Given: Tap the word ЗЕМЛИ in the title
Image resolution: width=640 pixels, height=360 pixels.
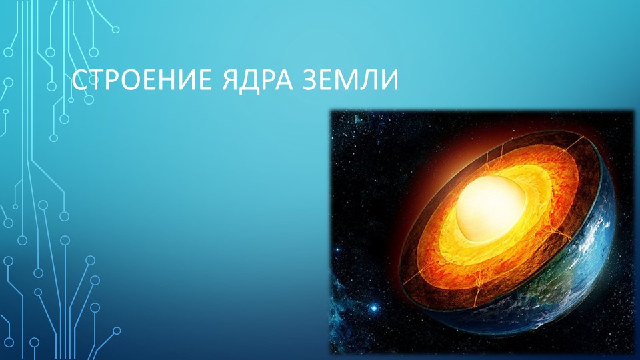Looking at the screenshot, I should coord(351,81).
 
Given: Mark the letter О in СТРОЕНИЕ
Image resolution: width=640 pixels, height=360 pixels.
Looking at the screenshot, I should coord(130,81).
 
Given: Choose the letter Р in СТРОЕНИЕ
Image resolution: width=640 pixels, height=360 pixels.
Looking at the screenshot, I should coord(112,81).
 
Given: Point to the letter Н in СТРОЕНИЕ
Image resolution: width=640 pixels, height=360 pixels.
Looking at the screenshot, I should coord(166,81).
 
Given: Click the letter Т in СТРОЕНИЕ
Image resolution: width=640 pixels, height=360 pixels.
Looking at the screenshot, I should coord(96,81).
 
